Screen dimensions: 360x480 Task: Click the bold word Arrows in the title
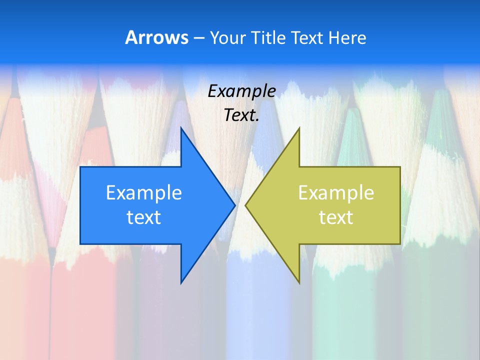click(x=156, y=37)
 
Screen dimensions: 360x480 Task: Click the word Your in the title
click(x=223, y=38)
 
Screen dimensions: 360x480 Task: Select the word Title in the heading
click(x=264, y=38)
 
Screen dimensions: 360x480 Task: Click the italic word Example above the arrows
click(x=242, y=91)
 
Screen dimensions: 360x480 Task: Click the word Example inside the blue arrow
click(x=144, y=192)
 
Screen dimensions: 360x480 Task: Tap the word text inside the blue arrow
click(x=144, y=217)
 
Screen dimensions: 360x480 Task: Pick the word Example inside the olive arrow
click(x=336, y=192)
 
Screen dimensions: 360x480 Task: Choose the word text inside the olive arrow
click(x=336, y=217)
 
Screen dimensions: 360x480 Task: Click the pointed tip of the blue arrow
click(x=234, y=205)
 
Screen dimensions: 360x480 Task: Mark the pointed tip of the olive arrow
click(x=245, y=205)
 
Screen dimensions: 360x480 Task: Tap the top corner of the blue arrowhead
click(x=181, y=128)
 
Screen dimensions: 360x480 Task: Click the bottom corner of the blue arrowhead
click(x=181, y=283)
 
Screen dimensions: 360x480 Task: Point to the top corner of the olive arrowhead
click(x=299, y=128)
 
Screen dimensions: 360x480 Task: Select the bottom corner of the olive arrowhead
click(x=299, y=283)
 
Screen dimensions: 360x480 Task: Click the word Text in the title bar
click(x=307, y=38)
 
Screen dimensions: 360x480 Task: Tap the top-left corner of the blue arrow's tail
click(x=80, y=167)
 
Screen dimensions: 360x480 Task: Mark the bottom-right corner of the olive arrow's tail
click(x=400, y=243)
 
